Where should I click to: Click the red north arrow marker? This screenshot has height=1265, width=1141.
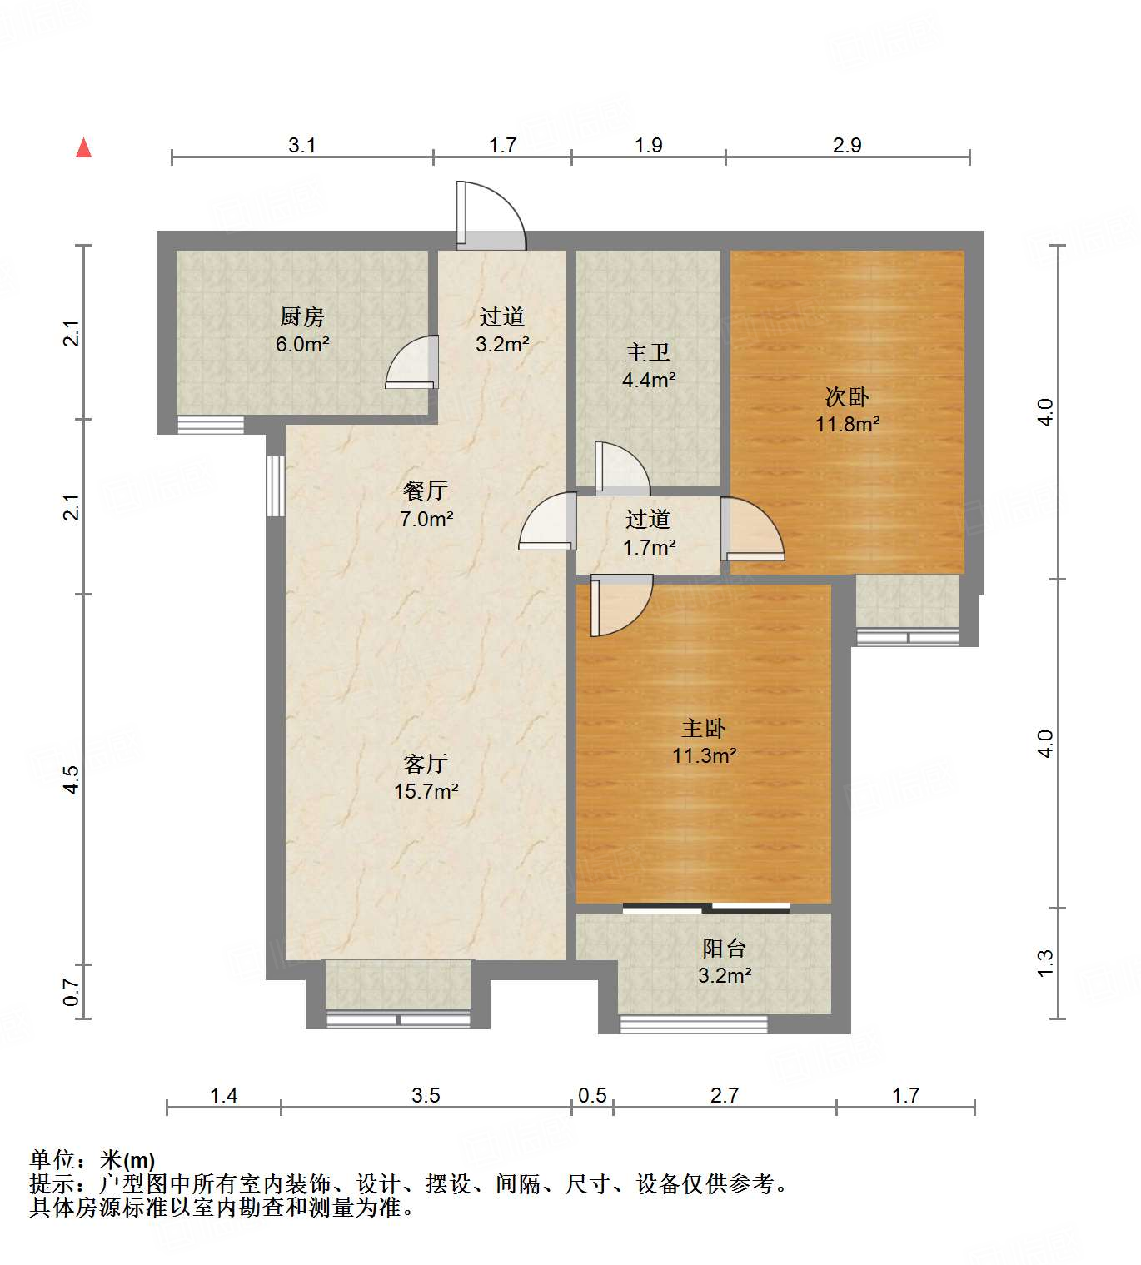83,147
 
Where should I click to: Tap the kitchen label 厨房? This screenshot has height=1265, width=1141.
301,316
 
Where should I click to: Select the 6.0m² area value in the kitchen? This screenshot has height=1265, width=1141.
302,344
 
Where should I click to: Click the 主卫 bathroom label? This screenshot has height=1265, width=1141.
648,352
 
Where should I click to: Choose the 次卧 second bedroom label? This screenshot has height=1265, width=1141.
847,396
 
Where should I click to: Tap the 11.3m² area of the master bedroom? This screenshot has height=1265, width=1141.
705,756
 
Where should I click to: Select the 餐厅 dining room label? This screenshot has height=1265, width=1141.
426,491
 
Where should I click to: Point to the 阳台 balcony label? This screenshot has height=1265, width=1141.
724,948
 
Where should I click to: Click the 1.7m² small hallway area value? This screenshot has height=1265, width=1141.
649,548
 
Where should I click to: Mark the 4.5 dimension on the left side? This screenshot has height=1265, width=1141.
72,779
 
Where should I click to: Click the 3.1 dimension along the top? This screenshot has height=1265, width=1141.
301,145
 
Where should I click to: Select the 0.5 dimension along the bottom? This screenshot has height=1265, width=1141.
592,1095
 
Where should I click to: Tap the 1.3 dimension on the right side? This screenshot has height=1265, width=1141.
1045,963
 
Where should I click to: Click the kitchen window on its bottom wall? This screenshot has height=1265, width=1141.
211,425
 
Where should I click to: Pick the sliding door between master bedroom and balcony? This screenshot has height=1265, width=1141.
705,908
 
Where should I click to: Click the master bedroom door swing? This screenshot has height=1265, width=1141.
620,605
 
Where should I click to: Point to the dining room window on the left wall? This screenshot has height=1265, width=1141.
275,486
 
